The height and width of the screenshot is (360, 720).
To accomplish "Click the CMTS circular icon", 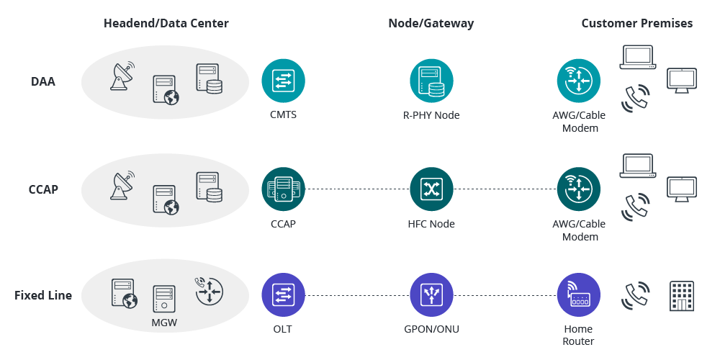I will (283, 81).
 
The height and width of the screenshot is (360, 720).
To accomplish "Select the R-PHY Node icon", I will (431, 81).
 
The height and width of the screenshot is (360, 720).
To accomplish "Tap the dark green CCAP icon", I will (283, 189).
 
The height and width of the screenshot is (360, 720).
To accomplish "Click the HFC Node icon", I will (431, 189).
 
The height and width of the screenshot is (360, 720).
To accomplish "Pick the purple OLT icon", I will (283, 295).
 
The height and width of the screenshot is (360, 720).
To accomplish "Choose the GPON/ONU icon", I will (431, 295).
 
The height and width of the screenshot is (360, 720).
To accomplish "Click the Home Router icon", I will (579, 295).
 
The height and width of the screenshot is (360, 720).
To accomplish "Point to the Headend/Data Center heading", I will (166, 23).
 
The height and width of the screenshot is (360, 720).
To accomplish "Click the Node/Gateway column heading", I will (431, 23).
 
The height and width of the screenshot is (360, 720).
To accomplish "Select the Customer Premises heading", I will (637, 23).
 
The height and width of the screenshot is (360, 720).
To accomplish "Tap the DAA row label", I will (43, 81).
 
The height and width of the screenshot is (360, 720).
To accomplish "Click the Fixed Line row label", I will (43, 295).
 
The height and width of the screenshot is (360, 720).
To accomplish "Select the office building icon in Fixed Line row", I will (680, 295).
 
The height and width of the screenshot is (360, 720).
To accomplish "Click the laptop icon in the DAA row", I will (637, 58).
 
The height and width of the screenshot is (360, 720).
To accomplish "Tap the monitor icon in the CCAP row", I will (680, 189).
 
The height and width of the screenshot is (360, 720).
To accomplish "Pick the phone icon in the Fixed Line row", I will (636, 295).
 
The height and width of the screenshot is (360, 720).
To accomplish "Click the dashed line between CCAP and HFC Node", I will (357, 189).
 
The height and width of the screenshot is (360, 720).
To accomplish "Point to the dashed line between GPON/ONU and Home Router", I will (505, 295).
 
